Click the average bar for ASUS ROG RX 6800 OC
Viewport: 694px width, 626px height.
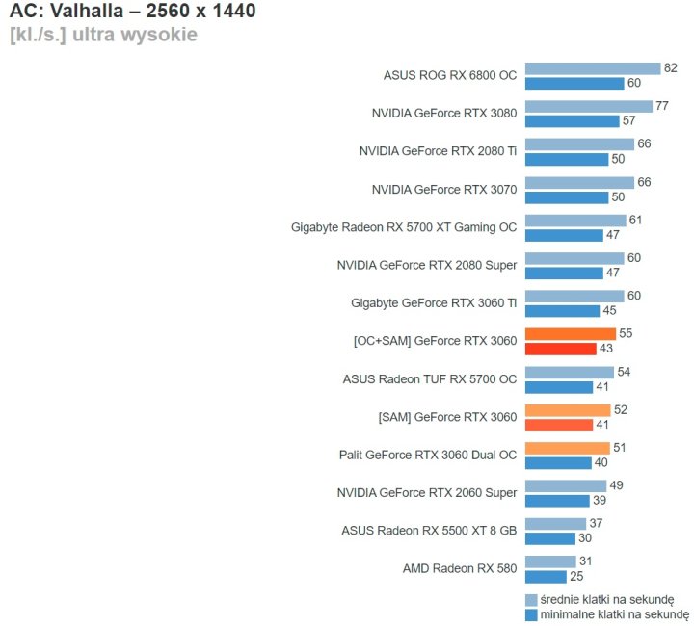point(592,68)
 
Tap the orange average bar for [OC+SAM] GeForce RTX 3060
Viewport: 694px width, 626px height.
point(570,333)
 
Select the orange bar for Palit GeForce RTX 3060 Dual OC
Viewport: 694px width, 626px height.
point(567,448)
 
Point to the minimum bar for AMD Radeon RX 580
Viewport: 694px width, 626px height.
point(546,576)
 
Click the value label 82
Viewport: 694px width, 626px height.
point(671,68)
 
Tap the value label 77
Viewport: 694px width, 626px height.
point(662,106)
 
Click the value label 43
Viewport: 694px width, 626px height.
point(606,349)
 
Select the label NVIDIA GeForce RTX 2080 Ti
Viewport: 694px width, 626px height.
point(438,151)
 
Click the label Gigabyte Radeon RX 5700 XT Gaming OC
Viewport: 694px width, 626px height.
point(404,227)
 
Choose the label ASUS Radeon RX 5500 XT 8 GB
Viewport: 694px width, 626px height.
point(429,531)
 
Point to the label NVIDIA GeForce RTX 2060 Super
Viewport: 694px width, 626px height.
point(427,493)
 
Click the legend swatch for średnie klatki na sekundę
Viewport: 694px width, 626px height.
point(530,599)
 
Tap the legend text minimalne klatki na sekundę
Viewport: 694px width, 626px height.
point(614,613)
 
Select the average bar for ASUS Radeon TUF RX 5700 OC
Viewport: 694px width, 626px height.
point(569,372)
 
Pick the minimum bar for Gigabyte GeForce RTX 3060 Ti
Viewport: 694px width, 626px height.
point(561,311)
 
